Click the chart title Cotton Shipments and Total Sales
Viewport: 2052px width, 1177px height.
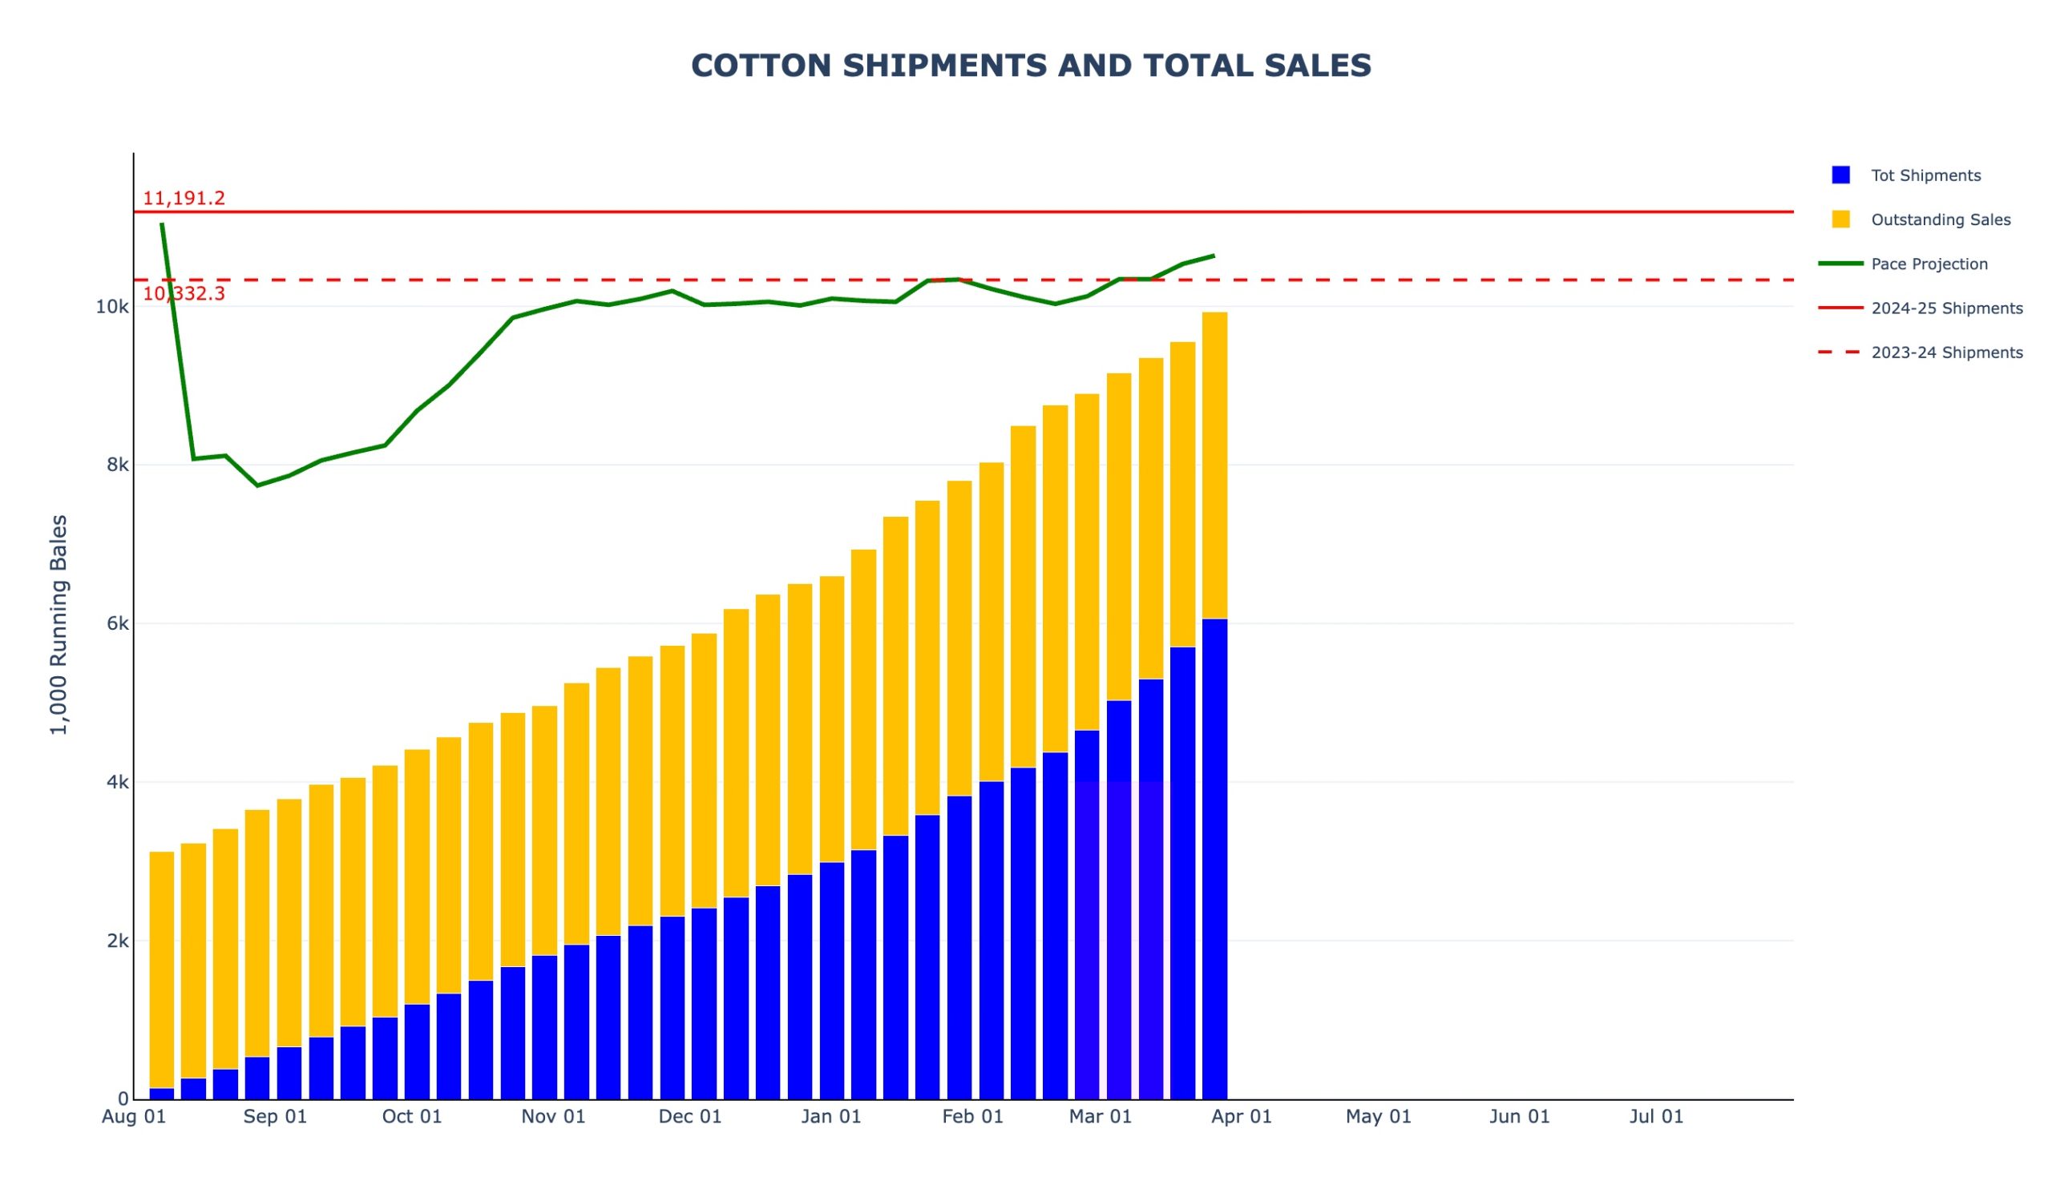pyautogui.click(x=1031, y=66)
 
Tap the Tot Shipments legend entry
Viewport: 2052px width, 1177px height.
pyautogui.click(x=1925, y=175)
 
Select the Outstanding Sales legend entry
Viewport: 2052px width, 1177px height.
pyautogui.click(x=1940, y=220)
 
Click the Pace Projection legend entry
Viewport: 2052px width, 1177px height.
pyautogui.click(x=1929, y=264)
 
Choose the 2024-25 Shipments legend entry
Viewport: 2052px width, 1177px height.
pyautogui.click(x=1946, y=308)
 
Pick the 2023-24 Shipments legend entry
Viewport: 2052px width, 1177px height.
pyautogui.click(x=1946, y=353)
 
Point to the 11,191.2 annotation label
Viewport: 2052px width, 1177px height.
pyautogui.click(x=184, y=198)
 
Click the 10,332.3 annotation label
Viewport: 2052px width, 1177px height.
pyautogui.click(x=184, y=293)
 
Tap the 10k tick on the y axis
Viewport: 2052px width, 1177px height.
pyautogui.click(x=111, y=307)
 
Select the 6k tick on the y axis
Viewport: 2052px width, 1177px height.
pyautogui.click(x=117, y=623)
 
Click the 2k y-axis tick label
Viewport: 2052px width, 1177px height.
pyautogui.click(x=117, y=941)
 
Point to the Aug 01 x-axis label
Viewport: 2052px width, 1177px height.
pyautogui.click(x=133, y=1117)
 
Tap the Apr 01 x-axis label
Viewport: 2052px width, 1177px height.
pyautogui.click(x=1241, y=1117)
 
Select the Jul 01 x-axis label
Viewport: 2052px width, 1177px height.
pyautogui.click(x=1656, y=1117)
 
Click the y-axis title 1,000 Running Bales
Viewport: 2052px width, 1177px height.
pyautogui.click(x=59, y=624)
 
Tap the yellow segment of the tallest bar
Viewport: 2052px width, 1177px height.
pyautogui.click(x=1214, y=465)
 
